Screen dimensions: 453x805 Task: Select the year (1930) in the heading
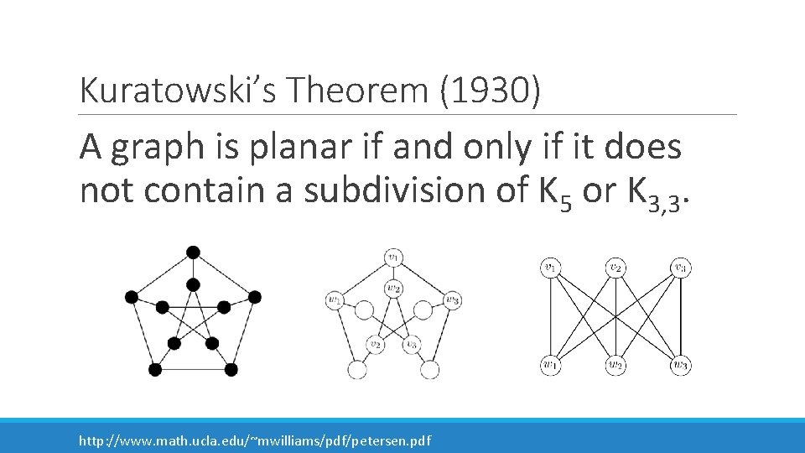tap(489, 89)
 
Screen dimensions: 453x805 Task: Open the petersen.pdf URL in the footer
tap(254, 440)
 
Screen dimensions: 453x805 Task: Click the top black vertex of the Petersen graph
tap(193, 252)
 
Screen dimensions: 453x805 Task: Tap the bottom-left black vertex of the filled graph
tap(154, 369)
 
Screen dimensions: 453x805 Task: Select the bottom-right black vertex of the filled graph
tap(231, 369)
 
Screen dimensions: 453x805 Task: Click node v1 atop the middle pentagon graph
tap(393, 256)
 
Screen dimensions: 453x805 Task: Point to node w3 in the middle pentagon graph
tap(453, 299)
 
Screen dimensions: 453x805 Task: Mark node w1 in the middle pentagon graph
tap(335, 299)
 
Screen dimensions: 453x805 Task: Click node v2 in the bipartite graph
tap(615, 268)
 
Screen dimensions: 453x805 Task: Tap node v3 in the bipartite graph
tap(681, 268)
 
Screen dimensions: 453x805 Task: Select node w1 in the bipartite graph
tap(550, 365)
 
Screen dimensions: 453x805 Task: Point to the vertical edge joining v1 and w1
tap(550, 317)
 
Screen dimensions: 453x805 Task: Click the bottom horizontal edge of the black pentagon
tap(193, 369)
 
